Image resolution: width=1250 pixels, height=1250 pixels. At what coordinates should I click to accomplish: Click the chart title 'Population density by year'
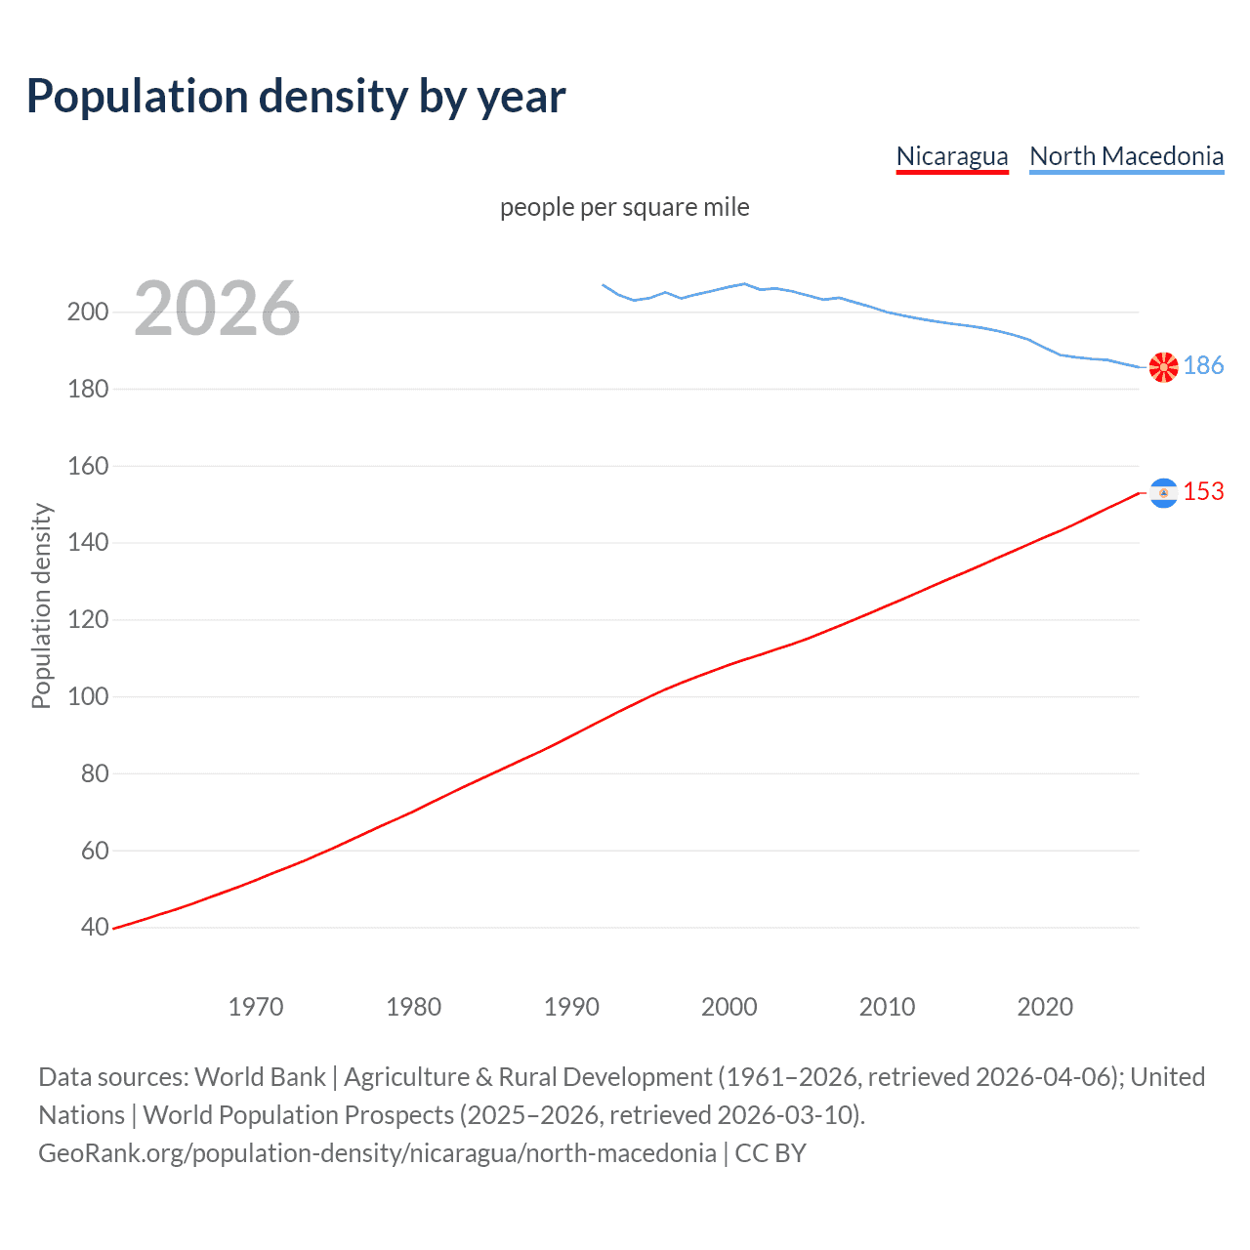[296, 97]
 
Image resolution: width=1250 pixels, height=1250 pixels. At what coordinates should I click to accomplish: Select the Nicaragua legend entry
[951, 156]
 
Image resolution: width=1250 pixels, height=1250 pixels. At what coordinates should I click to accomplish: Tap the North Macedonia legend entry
[1126, 156]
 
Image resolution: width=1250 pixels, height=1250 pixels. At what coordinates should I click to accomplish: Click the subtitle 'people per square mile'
[624, 207]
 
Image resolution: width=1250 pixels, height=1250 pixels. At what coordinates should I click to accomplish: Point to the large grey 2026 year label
[217, 309]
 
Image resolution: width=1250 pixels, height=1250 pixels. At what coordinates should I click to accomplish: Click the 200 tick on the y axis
[87, 312]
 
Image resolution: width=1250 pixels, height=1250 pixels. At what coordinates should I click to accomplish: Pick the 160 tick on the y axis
[87, 466]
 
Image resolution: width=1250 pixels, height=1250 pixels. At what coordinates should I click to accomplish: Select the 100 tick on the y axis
[87, 696]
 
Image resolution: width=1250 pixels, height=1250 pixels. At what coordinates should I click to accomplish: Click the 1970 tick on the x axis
[256, 1007]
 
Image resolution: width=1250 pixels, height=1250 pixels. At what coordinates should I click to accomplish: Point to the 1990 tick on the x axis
[571, 1007]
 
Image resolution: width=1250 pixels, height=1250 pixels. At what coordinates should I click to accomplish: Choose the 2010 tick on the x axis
[887, 1007]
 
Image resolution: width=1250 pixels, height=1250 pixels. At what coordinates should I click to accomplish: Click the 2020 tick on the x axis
[1045, 1007]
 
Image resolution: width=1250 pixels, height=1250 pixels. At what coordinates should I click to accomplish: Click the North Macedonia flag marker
[1163, 366]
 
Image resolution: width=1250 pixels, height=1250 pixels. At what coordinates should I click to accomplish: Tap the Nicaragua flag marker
[1163, 493]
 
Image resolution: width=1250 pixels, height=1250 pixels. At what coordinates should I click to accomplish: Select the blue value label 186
[1203, 365]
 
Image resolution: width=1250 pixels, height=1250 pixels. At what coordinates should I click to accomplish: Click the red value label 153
[1203, 491]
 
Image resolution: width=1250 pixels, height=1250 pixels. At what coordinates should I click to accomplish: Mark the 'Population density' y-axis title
[41, 605]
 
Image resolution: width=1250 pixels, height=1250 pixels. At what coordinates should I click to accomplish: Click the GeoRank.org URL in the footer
[377, 1153]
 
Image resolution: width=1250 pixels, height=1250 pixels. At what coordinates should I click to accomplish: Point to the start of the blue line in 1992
[604, 285]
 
